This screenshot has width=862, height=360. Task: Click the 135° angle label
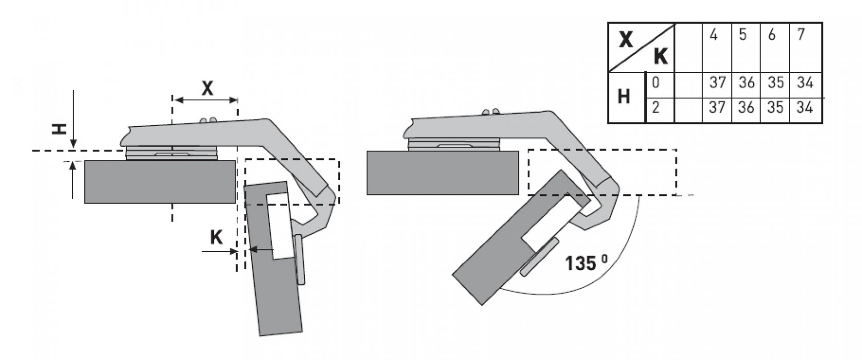(x=587, y=263)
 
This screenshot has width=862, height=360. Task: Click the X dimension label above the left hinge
(x=207, y=88)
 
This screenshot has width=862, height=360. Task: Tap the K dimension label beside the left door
(x=216, y=237)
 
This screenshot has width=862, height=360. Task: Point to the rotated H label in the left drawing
(x=61, y=128)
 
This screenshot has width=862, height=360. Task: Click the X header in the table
(x=625, y=39)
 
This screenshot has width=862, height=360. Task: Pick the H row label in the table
(x=623, y=96)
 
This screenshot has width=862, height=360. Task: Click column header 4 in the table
(x=713, y=36)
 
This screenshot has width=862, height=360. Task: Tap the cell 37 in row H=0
(x=717, y=83)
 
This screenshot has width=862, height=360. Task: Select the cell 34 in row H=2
(x=804, y=107)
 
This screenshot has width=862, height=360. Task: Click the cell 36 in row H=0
(x=746, y=83)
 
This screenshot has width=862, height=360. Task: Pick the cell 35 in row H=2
(x=775, y=107)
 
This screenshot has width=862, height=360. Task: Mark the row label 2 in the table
(x=656, y=107)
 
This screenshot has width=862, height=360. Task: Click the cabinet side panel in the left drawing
(x=159, y=182)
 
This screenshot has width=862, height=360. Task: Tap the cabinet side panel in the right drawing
(x=442, y=172)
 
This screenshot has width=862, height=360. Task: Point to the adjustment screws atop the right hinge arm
(x=490, y=112)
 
